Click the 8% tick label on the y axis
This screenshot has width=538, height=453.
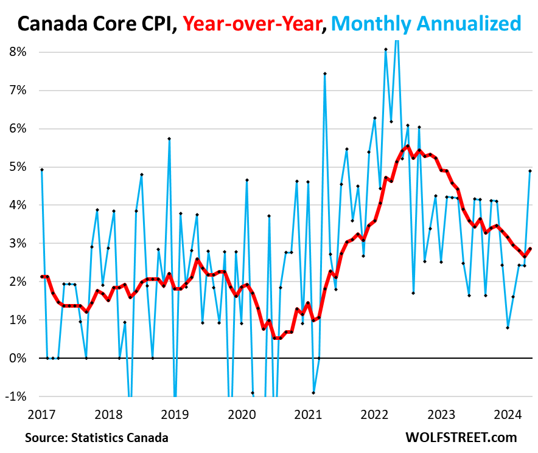[x=18, y=52]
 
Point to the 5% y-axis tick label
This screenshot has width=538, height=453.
[x=18, y=167]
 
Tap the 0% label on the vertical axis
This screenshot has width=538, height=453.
[x=18, y=358]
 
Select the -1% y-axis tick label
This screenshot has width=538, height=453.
[x=16, y=396]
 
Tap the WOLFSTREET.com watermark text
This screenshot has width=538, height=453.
[x=461, y=437]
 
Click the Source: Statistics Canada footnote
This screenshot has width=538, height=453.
[x=97, y=437]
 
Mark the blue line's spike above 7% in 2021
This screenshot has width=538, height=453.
[x=325, y=74]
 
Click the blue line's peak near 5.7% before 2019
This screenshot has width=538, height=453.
[x=169, y=139]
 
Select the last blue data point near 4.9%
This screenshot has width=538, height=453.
[x=530, y=171]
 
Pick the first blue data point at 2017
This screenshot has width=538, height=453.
[x=42, y=170]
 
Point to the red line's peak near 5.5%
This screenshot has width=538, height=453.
[x=408, y=146]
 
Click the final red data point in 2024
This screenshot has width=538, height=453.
[x=530, y=248]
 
